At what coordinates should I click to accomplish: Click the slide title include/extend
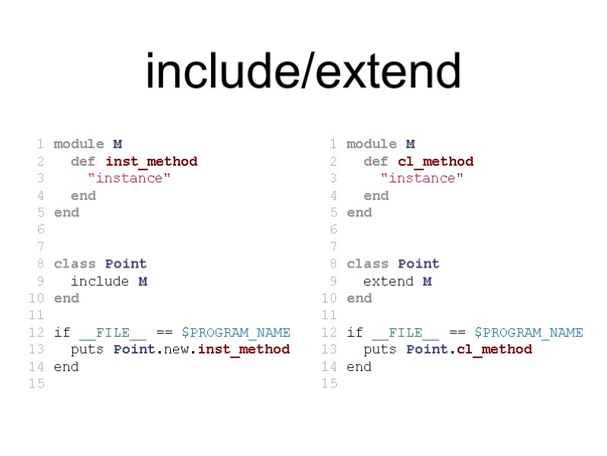coord(303,71)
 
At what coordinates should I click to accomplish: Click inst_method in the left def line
coord(151,161)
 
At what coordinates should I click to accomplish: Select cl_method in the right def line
coord(436,161)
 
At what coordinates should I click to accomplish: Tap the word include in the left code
coord(99,281)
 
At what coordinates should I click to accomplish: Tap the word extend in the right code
coord(388,281)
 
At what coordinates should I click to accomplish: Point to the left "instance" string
coord(129,178)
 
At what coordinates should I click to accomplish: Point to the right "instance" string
coord(422,178)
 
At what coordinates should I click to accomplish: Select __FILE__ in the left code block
coord(113,332)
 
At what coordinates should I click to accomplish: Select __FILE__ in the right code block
coord(406,332)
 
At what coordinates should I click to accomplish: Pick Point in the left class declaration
coord(126,264)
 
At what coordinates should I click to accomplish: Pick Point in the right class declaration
coord(419,264)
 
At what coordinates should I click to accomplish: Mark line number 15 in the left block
coord(36,384)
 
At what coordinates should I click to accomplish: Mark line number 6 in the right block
coord(333,230)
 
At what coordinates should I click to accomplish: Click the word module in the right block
coord(372,144)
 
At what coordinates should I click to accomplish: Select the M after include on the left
coord(143,281)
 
